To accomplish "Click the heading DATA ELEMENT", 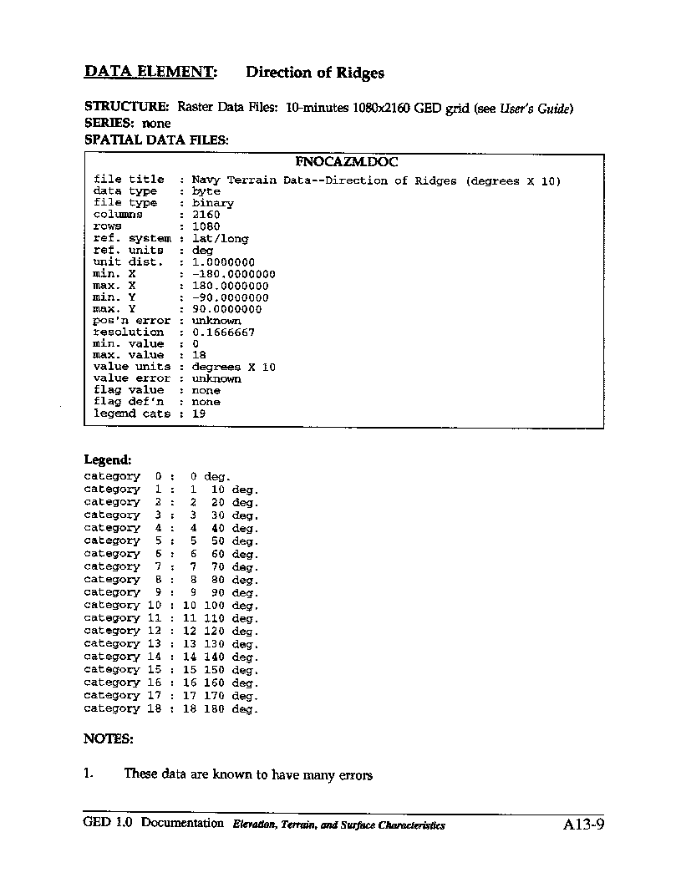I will (150, 72).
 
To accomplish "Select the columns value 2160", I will (206, 215).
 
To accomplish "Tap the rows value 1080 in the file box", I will (206, 226).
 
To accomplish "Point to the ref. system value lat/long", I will (220, 239).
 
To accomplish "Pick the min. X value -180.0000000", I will (233, 274).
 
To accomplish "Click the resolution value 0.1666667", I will (223, 332).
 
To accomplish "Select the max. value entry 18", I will (199, 355).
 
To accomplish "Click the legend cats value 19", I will (199, 414).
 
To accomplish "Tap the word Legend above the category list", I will (107, 459).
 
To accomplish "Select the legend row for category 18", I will (170, 708).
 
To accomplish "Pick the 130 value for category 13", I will (214, 644).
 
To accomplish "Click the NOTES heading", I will (108, 738).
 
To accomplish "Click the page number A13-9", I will (583, 825).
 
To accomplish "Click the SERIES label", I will (110, 123).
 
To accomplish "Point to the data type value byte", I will (206, 191).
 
